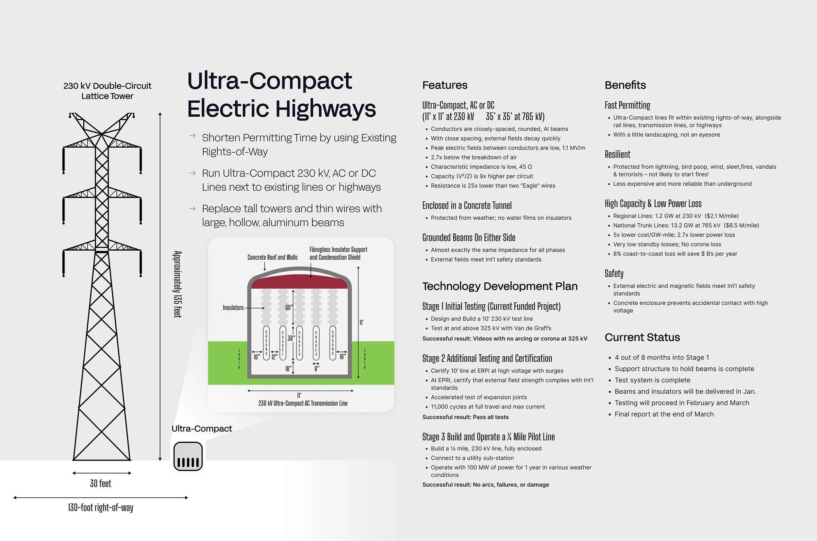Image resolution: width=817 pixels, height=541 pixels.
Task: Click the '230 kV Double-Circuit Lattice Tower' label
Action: click(107, 91)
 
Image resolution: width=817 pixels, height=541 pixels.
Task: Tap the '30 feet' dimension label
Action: click(100, 483)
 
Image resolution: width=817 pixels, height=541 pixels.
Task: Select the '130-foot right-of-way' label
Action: click(100, 508)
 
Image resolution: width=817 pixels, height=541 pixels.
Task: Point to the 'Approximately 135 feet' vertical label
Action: click(177, 284)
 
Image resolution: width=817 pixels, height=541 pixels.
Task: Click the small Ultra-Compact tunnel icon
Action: click(188, 456)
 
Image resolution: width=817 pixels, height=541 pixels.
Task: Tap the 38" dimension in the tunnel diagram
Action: click(291, 338)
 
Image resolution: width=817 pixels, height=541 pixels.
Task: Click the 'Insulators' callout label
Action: click(233, 307)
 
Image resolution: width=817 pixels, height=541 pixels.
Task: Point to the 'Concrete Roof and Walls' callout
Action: click(272, 257)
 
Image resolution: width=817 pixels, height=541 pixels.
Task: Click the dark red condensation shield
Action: click(299, 281)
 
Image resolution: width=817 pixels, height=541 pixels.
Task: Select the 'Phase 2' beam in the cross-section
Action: click(299, 343)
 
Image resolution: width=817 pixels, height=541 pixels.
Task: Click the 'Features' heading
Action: click(444, 85)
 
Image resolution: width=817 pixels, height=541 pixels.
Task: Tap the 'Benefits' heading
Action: click(625, 85)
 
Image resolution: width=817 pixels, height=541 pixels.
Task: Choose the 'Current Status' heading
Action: click(642, 337)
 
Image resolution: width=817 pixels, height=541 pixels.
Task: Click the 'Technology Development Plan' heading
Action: click(500, 286)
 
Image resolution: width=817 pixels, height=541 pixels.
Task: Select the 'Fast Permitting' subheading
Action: click(627, 105)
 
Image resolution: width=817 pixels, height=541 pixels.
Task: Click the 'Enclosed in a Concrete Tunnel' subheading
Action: click(467, 206)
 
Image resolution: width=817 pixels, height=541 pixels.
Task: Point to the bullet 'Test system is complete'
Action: click(652, 380)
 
